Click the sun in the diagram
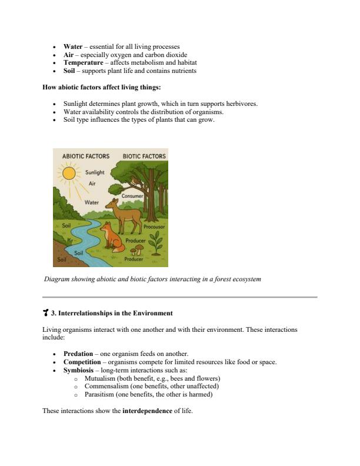pos(69,174)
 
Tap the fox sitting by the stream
pos(114,237)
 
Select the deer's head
pos(128,204)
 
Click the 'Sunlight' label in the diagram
pos(95,172)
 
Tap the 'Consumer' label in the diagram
pos(133,195)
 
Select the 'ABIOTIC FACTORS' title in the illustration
pos(85,156)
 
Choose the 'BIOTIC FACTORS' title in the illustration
pos(144,156)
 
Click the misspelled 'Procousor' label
pos(154,227)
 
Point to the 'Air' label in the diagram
pos(92,184)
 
